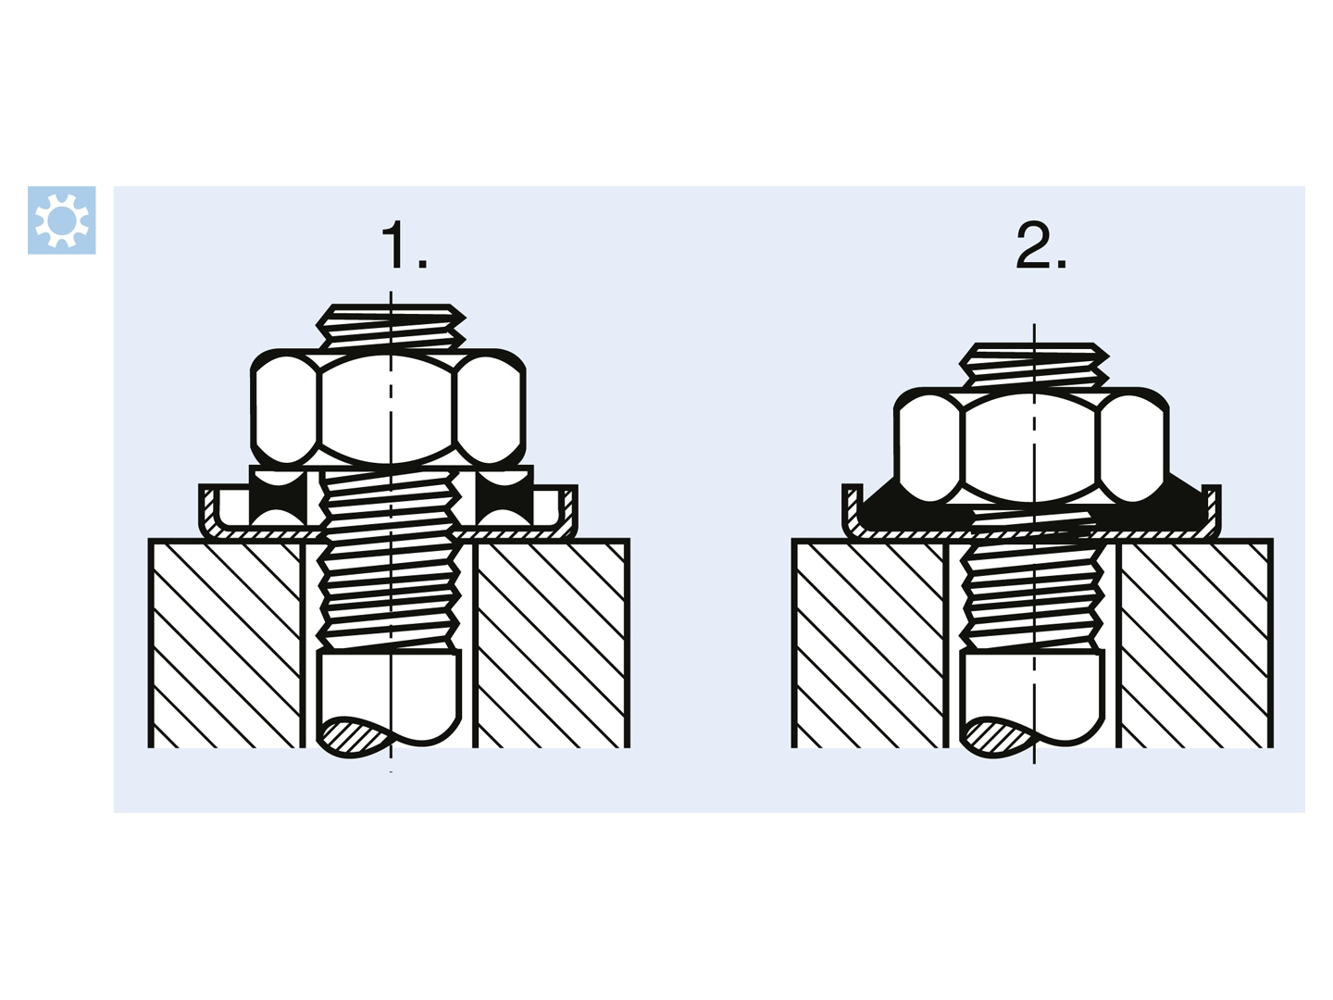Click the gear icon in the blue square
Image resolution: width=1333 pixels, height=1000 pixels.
[x=61, y=219]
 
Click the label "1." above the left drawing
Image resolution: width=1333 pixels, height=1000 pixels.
[x=404, y=244]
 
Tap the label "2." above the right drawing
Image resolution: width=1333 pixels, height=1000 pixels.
[x=1040, y=244]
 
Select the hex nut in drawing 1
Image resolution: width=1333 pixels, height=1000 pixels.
[x=388, y=407]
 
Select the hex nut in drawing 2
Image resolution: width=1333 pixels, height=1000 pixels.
[x=1031, y=445]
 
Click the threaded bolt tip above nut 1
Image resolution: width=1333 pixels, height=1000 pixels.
[x=391, y=326]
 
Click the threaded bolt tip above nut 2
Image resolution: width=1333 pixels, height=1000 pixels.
[x=1034, y=365]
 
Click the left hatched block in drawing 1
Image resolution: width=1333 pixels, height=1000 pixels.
[x=226, y=644]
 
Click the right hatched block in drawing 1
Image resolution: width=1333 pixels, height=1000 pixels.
[x=552, y=644]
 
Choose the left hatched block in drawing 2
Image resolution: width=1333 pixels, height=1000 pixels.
[x=869, y=644]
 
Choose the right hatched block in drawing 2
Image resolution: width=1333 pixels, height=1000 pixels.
[x=1194, y=644]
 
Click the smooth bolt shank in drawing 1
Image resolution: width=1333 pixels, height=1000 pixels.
[x=390, y=698]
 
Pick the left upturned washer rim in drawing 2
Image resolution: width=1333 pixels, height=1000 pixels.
[x=853, y=509]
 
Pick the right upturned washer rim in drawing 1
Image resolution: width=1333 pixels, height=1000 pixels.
[x=567, y=511]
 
